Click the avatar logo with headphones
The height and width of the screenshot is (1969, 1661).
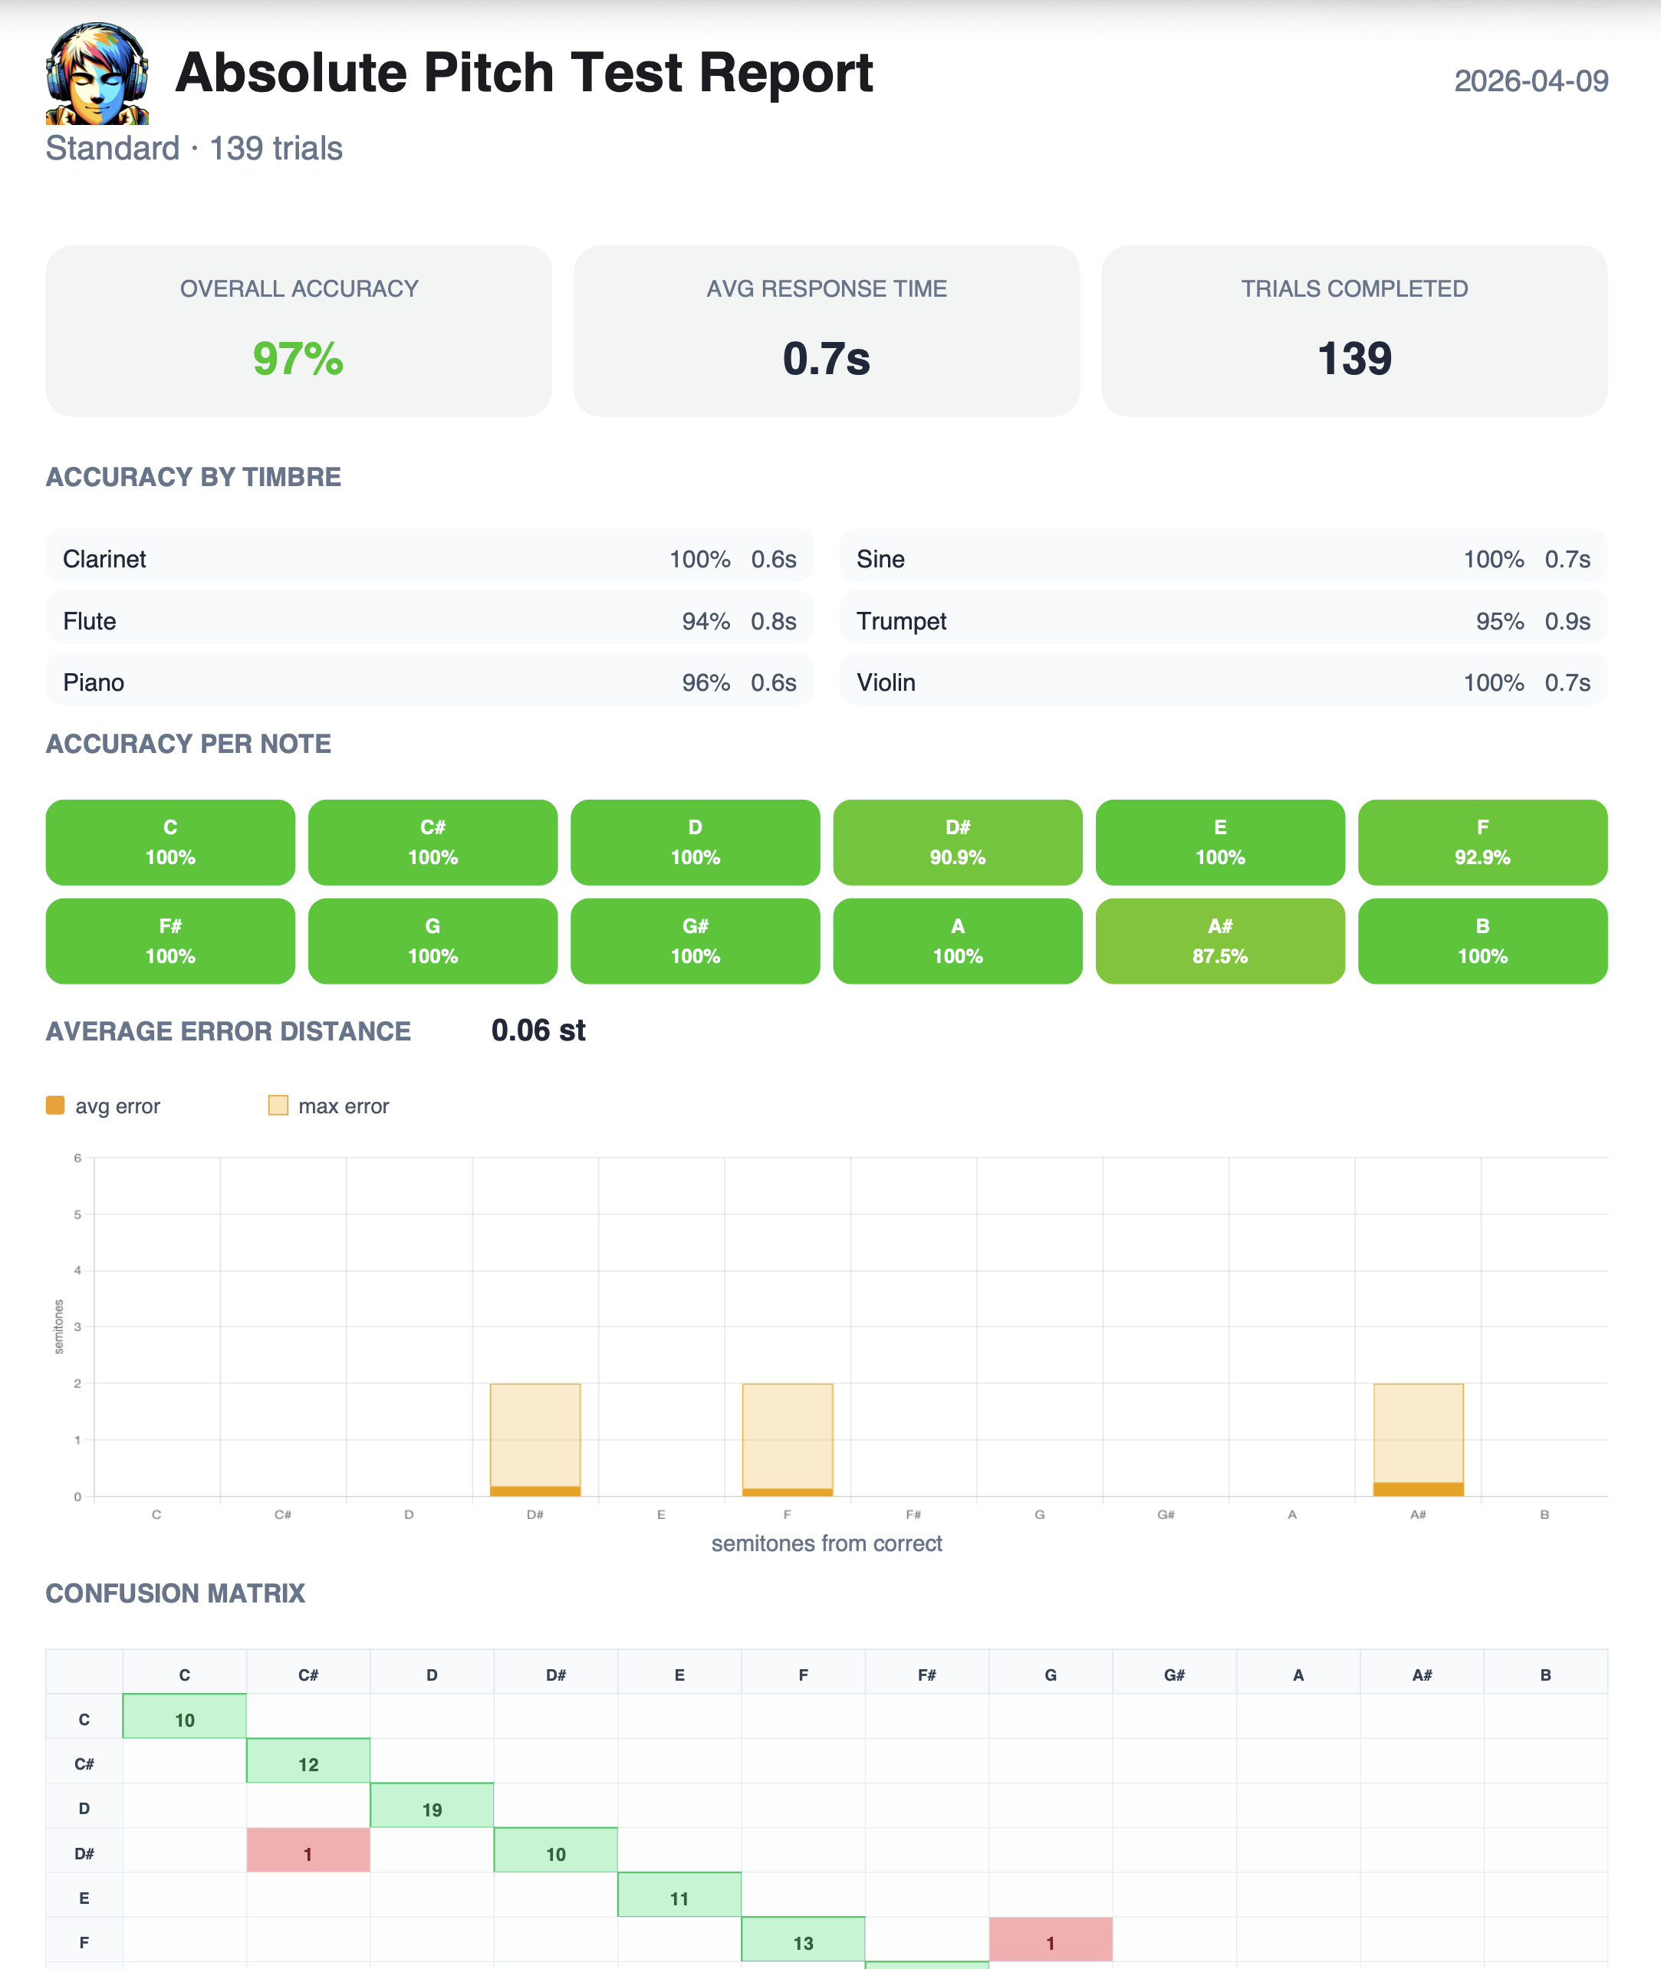click(97, 74)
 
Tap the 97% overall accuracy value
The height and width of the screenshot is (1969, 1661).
click(298, 359)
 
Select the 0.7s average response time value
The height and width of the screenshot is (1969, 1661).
click(826, 359)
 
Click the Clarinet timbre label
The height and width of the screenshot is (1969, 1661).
click(104, 560)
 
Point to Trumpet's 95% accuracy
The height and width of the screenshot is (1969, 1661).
click(1499, 622)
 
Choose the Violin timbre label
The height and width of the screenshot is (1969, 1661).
click(885, 682)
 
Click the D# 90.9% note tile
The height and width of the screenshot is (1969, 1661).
click(957, 842)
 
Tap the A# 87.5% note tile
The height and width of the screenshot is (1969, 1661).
click(1219, 941)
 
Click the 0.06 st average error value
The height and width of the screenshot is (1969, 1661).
click(538, 1031)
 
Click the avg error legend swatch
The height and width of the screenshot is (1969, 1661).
click(55, 1105)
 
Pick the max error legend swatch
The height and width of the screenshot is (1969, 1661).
click(278, 1105)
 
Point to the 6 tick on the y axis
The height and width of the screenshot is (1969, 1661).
click(78, 1159)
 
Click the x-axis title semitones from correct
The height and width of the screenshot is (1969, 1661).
click(826, 1543)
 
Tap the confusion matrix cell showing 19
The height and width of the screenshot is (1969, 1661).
click(431, 1809)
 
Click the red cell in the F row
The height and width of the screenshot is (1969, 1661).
click(1050, 1943)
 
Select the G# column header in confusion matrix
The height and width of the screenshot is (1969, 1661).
click(1173, 1675)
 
